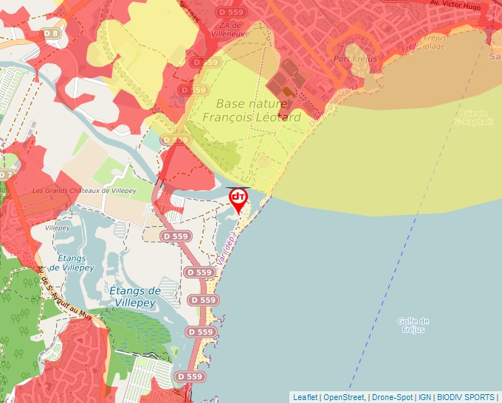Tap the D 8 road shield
tap(50, 33)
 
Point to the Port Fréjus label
tap(355, 59)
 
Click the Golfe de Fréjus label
tap(413, 325)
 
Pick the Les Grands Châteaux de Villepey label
tap(85, 190)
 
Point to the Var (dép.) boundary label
tap(225, 249)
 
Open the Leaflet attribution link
tap(305, 397)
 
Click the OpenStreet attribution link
tap(344, 397)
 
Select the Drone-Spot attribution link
tap(391, 397)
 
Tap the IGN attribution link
tap(424, 397)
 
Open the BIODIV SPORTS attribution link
tap(466, 397)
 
